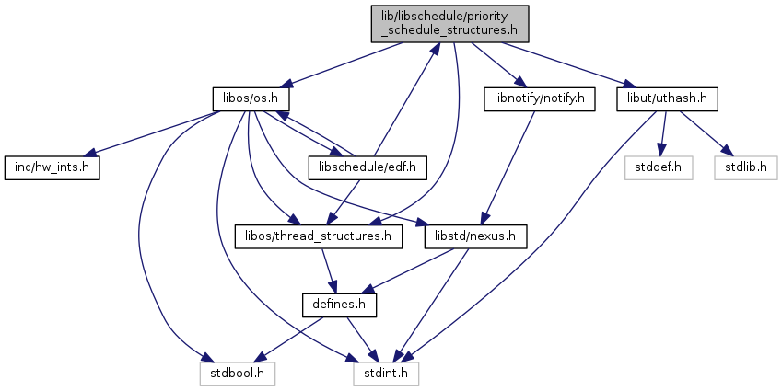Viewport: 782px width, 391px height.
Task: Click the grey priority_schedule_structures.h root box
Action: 449,24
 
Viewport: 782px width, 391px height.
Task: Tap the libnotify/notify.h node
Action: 539,99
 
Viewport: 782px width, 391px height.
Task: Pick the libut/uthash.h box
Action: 667,99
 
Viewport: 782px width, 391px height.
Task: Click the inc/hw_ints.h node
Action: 52,167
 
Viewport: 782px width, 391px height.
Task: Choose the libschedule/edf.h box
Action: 368,167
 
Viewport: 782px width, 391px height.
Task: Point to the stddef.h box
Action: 659,167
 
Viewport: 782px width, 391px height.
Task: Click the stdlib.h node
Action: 745,167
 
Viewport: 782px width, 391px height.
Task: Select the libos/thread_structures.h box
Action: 318,236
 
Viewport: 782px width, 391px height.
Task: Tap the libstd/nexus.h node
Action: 475,236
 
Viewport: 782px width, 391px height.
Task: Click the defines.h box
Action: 339,305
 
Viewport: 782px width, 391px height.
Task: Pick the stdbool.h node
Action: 238,374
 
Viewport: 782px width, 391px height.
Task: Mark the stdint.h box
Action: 386,374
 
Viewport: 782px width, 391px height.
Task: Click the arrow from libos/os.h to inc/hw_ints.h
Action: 154,133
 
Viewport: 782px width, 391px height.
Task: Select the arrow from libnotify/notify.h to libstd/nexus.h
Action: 508,167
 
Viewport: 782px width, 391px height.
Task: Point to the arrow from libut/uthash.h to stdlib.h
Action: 701,133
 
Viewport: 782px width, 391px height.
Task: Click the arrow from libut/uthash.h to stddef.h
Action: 663,133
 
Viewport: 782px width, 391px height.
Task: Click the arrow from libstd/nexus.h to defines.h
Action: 406,271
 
